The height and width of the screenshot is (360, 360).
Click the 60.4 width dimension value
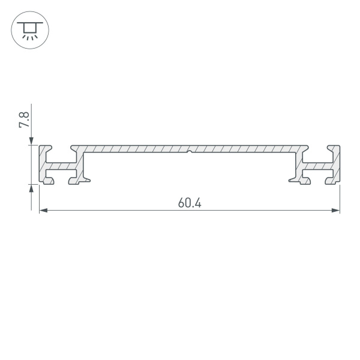pos(189,203)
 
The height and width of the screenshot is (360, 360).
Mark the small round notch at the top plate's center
pos(190,152)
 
